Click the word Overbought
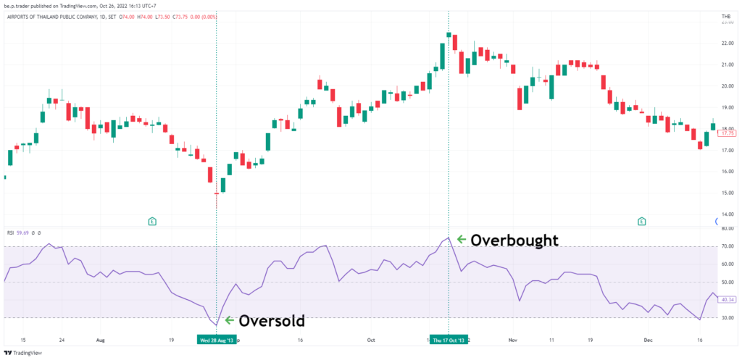pos(514,240)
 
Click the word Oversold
pos(272,320)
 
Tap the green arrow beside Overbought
pos(461,239)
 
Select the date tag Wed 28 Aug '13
pos(217,339)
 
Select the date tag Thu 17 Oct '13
pos(449,339)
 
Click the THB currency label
pos(726,17)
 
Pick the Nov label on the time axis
pos(512,339)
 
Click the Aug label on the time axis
pos(100,339)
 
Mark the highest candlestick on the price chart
pos(449,35)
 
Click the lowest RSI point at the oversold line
pos(216,325)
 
